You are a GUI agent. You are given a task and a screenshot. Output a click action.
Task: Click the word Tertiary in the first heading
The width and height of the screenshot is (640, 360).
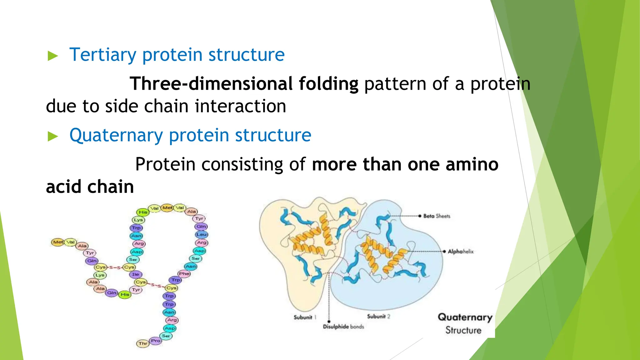pyautogui.click(x=102, y=55)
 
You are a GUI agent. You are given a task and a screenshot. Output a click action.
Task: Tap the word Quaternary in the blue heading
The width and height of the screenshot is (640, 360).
pyautogui.click(x=116, y=135)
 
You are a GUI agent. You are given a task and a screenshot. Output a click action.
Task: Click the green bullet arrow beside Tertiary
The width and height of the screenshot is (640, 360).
pyautogui.click(x=53, y=56)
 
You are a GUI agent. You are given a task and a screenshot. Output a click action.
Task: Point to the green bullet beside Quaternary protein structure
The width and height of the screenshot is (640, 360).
pyautogui.click(x=53, y=137)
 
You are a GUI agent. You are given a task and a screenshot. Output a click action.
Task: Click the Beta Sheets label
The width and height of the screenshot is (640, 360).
pyautogui.click(x=437, y=216)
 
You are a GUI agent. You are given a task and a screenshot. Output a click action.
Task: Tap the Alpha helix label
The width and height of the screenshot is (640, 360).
pyautogui.click(x=461, y=252)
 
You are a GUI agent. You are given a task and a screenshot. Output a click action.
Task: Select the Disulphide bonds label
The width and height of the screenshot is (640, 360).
pyautogui.click(x=343, y=327)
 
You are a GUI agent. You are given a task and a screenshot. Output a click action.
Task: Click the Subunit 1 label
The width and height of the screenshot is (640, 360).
pyautogui.click(x=305, y=317)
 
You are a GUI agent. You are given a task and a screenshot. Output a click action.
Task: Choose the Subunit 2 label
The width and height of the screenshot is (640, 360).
pyautogui.click(x=378, y=317)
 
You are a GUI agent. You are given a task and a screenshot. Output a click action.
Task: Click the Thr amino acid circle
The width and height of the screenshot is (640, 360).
pyautogui.click(x=143, y=343)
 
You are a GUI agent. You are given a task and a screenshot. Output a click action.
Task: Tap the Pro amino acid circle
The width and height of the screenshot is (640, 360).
pyautogui.click(x=156, y=341)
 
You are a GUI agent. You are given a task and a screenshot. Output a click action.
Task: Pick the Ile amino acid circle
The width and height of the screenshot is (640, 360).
pyautogui.click(x=135, y=274)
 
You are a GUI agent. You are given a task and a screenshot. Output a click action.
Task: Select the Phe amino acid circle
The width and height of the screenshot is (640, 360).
pyautogui.click(x=184, y=273)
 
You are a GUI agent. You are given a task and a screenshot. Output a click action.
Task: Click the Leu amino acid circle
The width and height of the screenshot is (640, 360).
pyautogui.click(x=202, y=234)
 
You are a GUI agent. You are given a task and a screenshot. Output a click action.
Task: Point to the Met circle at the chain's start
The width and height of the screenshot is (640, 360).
pyautogui.click(x=58, y=242)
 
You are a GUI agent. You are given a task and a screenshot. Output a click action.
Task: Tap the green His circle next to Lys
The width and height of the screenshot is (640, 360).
pyautogui.click(x=143, y=212)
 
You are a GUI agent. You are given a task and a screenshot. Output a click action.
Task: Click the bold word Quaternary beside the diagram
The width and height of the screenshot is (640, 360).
pyautogui.click(x=465, y=317)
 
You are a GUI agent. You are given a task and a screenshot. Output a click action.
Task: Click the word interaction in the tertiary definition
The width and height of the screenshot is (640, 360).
pyautogui.click(x=240, y=106)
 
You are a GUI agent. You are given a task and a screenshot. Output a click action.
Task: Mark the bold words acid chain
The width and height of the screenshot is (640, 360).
pyautogui.click(x=90, y=187)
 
